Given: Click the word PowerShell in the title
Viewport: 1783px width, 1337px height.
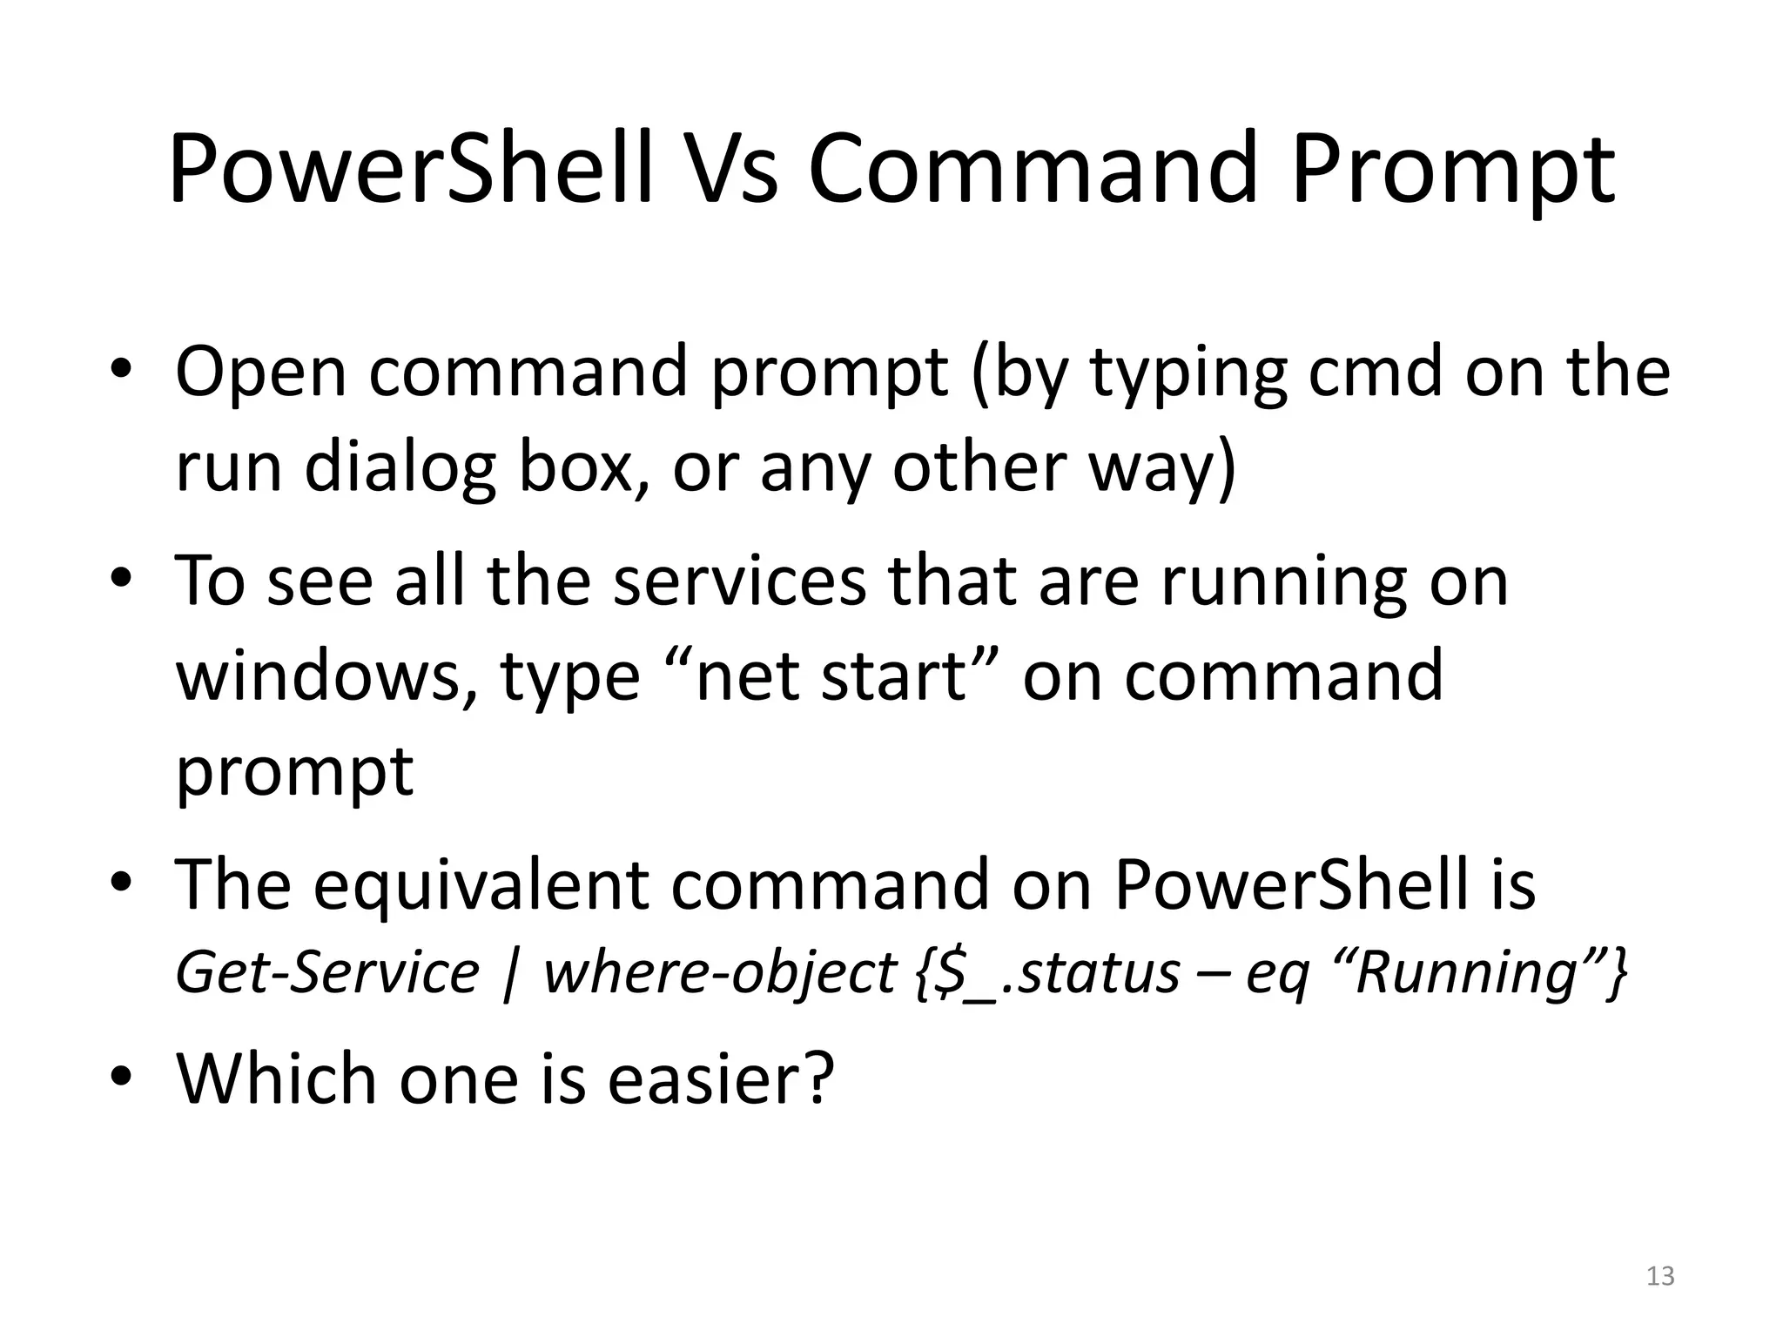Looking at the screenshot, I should click(410, 169).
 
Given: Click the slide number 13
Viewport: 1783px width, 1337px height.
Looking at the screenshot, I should click(1660, 1276).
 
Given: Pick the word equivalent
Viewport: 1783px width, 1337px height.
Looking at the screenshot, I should click(481, 886).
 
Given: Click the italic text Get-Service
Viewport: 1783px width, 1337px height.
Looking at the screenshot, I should click(327, 973).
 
